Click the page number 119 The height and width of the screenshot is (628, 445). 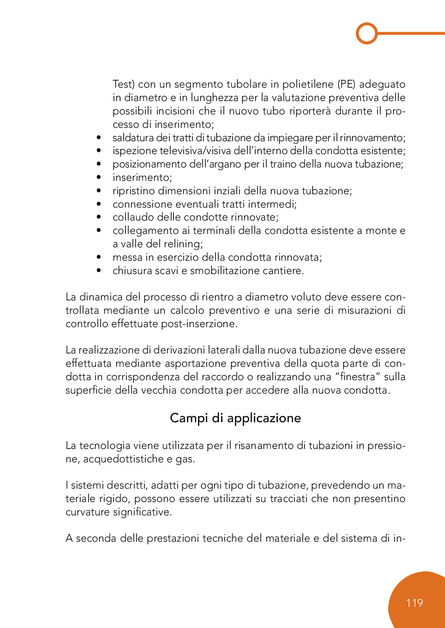point(415,603)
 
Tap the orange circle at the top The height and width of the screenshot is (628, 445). point(367,33)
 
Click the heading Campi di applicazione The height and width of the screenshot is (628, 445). point(235,418)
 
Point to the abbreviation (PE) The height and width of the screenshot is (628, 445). point(346,84)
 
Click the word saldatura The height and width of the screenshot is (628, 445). point(133,138)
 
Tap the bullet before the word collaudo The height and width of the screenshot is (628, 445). point(99,217)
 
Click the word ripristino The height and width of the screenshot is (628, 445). point(133,191)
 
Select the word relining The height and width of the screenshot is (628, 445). point(183,244)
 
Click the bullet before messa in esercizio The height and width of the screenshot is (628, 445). point(99,257)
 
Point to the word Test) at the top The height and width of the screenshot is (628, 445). point(123,84)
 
